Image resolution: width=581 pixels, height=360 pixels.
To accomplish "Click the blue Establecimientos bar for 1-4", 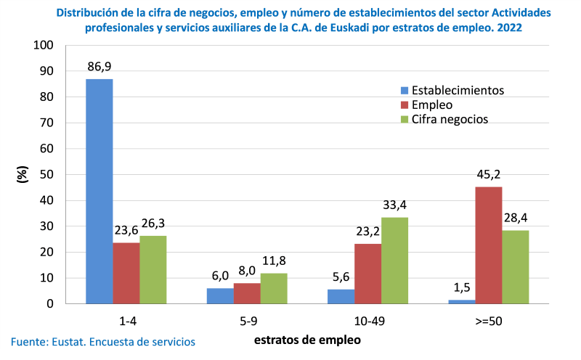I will pos(99,191).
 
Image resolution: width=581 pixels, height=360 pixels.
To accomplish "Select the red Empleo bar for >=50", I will pos(489,245).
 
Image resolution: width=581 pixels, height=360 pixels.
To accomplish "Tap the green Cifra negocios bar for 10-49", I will pos(395,260).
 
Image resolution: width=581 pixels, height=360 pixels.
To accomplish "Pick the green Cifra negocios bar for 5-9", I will pos(274,288).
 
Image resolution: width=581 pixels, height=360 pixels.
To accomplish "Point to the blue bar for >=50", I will pos(463,301).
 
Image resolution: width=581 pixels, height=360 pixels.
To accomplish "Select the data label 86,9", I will pos(99,67).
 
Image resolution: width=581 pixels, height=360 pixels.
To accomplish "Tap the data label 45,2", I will pos(489,175).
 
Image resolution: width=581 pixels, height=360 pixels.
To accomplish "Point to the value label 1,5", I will pos(463,288).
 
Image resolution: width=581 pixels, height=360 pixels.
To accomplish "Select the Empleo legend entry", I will pos(432,105).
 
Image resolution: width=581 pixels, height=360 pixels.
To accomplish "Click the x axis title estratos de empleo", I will pos(307,338).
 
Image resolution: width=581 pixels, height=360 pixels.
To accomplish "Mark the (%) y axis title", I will pos(23,175).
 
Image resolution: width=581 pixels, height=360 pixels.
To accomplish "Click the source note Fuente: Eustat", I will pos(102,341).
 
